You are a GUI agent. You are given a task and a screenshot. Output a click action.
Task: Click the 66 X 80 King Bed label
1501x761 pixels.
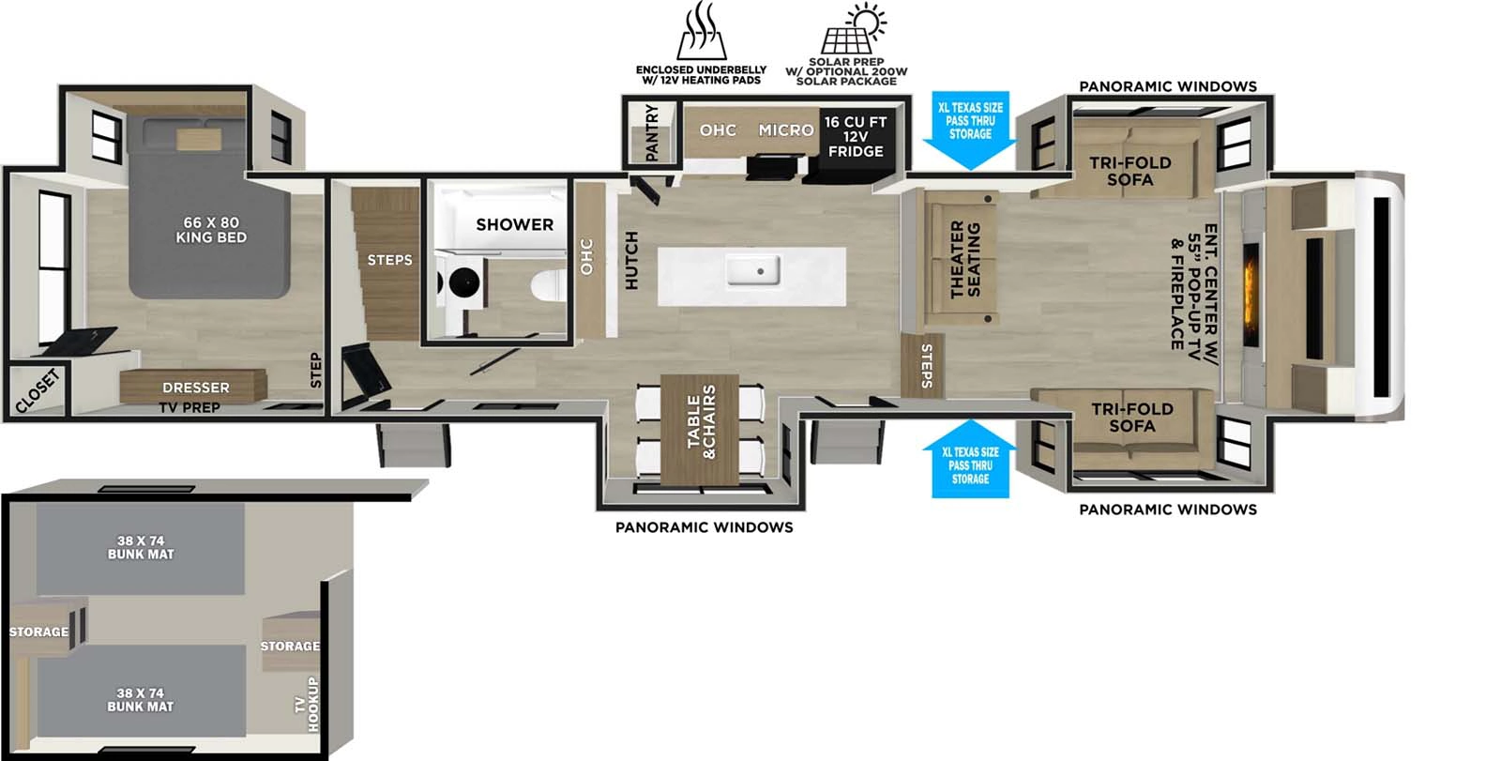click(x=211, y=230)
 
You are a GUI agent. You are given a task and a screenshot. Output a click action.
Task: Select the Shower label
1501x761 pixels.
click(x=514, y=224)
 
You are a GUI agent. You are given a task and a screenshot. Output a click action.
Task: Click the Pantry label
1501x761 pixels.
click(x=652, y=132)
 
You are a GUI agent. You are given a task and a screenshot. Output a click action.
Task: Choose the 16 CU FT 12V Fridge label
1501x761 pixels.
click(x=855, y=136)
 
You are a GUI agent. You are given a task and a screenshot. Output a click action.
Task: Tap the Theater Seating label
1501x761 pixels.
click(x=964, y=260)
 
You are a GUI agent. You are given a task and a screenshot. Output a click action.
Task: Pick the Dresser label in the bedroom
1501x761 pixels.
click(x=195, y=388)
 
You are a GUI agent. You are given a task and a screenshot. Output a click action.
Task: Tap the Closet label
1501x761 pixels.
click(x=38, y=391)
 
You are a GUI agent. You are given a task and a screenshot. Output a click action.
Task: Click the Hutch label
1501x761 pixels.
click(x=631, y=260)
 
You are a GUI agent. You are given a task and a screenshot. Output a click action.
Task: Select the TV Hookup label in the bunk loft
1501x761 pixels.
click(x=308, y=704)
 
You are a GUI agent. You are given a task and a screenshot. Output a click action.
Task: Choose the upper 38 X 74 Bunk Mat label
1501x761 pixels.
click(x=141, y=547)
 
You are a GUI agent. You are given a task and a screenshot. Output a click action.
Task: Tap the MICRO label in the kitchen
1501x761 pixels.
click(x=785, y=130)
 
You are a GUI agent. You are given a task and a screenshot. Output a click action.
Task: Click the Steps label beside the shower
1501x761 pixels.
click(x=389, y=260)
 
